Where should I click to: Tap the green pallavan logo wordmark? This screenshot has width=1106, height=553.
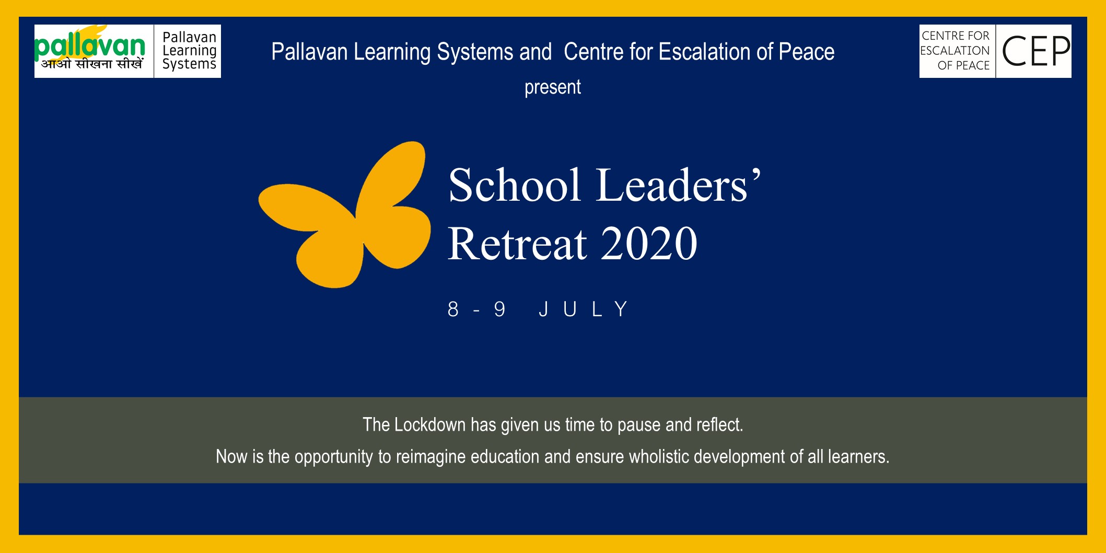[x=90, y=46]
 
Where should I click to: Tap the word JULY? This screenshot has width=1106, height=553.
[x=583, y=309]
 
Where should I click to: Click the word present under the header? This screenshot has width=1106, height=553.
[x=553, y=87]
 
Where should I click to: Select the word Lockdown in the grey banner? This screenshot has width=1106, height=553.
[x=429, y=424]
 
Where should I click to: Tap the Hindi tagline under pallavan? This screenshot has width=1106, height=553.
[x=92, y=64]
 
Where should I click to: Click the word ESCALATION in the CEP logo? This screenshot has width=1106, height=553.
[x=954, y=51]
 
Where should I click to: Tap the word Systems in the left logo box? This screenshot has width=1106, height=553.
[x=189, y=64]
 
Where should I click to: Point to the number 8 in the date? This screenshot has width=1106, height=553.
[x=453, y=309]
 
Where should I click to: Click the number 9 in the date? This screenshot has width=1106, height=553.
[x=499, y=309]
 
